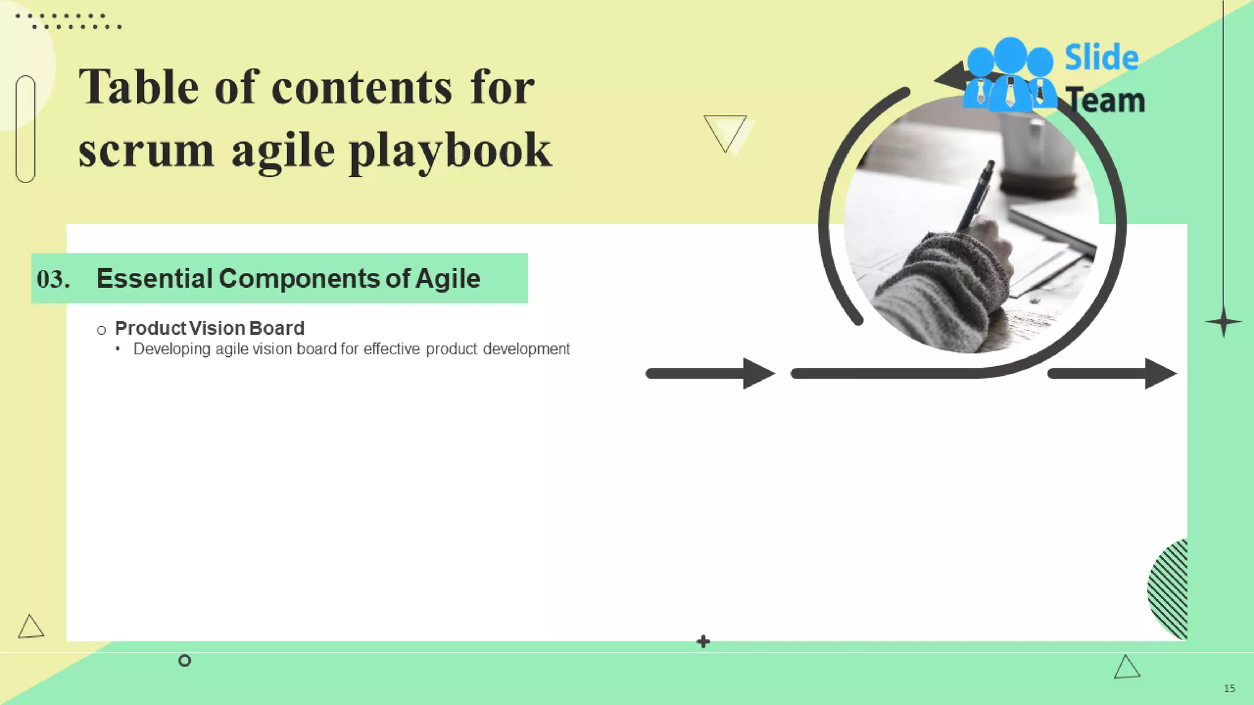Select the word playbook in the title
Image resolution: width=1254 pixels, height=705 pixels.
[450, 151]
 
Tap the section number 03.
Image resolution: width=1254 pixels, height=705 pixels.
[53, 280]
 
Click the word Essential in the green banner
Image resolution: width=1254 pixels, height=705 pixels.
[154, 279]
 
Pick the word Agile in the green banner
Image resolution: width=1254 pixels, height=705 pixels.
[448, 279]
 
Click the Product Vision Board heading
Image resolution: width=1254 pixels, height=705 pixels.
[209, 329]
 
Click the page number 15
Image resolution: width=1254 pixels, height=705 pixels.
[1229, 688]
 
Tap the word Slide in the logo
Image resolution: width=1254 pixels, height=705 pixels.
[1101, 58]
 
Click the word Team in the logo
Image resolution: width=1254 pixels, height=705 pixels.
[1105, 100]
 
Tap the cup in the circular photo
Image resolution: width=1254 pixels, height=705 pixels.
[1035, 153]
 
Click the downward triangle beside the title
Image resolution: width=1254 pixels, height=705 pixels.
[725, 132]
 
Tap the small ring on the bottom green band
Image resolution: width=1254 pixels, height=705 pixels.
[184, 660]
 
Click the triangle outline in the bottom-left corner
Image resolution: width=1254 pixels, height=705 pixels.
[31, 627]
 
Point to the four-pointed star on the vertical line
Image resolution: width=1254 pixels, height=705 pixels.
[1223, 322]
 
